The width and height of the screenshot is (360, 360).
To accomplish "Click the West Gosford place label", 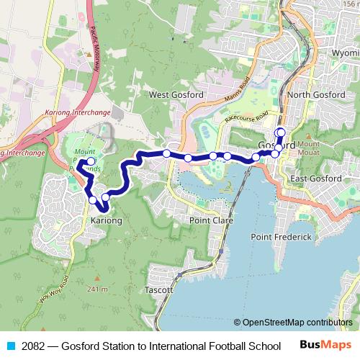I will pos(175,94).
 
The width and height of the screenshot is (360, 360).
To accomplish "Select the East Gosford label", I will pos(315,179).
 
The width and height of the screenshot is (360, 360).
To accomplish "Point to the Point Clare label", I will pos(211,220).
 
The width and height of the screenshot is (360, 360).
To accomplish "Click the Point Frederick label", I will pos(282,237).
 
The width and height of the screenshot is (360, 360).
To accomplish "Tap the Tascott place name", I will pos(159,289).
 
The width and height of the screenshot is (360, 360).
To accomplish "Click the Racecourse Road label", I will pos(246,117).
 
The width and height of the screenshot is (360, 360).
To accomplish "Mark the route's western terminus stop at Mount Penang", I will pos(91,161).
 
